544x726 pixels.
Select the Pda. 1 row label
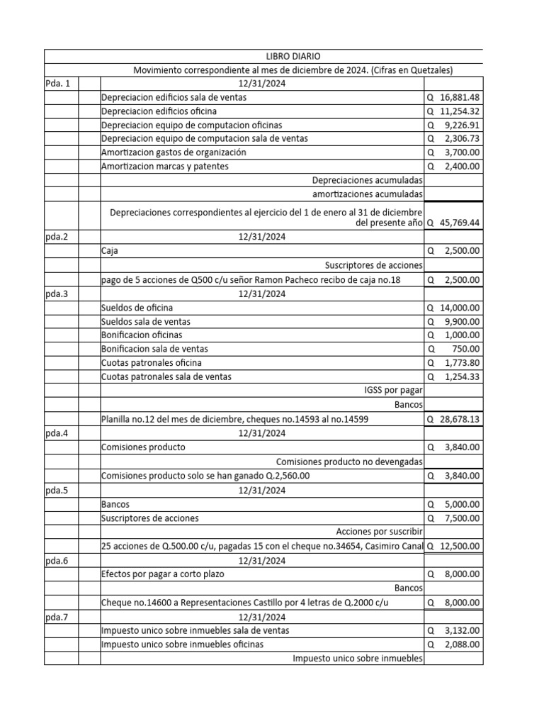click(x=58, y=84)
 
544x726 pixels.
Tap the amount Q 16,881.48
click(x=453, y=97)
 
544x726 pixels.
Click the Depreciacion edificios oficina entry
click(x=159, y=111)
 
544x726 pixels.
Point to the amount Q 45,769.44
click(x=453, y=223)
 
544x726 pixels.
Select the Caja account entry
click(x=110, y=251)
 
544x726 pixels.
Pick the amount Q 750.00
click(x=453, y=349)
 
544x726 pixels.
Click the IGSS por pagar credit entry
click(x=392, y=391)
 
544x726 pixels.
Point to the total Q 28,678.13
click(x=453, y=419)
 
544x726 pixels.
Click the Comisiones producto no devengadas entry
click(x=349, y=462)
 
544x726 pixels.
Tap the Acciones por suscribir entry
click(x=380, y=532)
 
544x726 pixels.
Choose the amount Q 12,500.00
click(x=453, y=546)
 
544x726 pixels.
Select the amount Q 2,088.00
click(x=453, y=644)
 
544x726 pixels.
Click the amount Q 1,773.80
click(x=453, y=363)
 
